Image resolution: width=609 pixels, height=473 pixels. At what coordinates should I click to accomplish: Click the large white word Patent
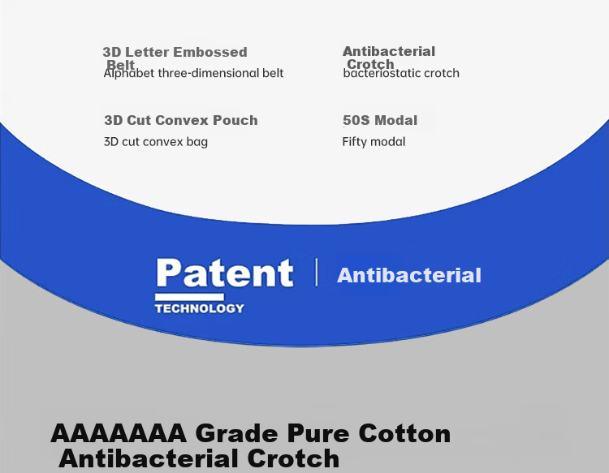click(224, 273)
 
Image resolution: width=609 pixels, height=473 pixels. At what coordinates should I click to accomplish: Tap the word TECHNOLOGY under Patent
click(200, 308)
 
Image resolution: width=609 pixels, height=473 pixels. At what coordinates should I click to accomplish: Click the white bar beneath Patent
click(189, 297)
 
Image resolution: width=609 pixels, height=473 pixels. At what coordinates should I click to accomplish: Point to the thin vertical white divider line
click(317, 272)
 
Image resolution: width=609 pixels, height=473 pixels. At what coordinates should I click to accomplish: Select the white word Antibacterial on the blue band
click(409, 276)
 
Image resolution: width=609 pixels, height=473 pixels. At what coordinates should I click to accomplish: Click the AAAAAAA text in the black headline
click(119, 433)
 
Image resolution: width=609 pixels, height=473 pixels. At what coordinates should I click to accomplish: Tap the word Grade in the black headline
click(237, 433)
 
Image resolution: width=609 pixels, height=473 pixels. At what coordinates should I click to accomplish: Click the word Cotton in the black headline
click(404, 433)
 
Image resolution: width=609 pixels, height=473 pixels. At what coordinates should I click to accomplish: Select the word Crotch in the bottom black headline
click(293, 458)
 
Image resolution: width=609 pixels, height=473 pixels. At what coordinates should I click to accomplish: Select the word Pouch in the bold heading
click(235, 120)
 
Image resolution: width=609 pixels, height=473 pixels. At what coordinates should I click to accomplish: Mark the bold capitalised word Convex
click(182, 120)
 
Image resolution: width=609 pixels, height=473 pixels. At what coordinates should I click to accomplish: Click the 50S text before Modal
click(356, 120)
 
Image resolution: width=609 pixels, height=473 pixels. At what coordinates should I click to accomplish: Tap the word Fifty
click(353, 142)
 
